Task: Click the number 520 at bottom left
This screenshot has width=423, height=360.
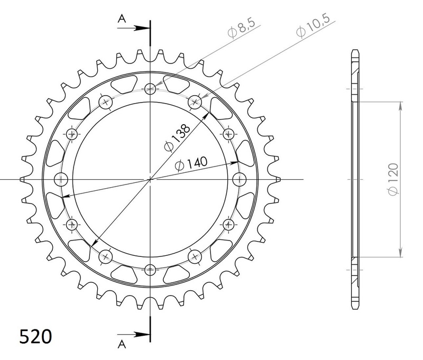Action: pyautogui.click(x=36, y=336)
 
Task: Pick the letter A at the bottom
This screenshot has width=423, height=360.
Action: pyautogui.click(x=122, y=344)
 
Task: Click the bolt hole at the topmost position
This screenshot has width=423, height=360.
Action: pyautogui.click(x=151, y=88)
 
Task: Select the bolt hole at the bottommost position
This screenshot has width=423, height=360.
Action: pyautogui.click(x=151, y=269)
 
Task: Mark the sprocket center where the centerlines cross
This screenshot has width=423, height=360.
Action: pyautogui.click(x=151, y=179)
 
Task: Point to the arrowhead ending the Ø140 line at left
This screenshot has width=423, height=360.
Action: pyautogui.click(x=64, y=198)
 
